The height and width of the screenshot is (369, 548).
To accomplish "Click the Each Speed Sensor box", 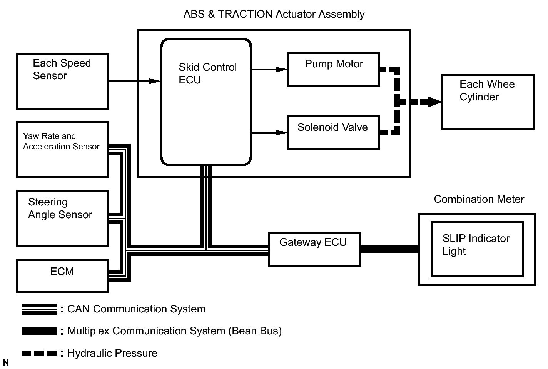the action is [62, 81].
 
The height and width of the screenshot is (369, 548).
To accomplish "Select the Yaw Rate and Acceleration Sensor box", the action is [62, 150].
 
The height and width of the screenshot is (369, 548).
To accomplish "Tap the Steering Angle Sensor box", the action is [62, 219].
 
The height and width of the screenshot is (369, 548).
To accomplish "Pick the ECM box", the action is [62, 276].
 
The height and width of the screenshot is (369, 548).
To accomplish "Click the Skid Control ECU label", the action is [207, 73].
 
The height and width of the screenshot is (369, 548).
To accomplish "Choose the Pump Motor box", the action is [334, 69].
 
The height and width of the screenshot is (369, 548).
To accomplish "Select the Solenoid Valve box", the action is [334, 132].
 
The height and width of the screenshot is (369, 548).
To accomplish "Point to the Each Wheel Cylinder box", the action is [488, 102].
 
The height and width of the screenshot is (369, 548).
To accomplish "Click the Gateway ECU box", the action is [315, 249].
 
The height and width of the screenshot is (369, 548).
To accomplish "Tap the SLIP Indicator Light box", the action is [477, 249].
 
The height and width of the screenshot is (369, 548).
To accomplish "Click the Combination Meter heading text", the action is [479, 199].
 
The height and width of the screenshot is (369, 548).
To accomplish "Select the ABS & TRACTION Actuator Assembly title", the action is [274, 14].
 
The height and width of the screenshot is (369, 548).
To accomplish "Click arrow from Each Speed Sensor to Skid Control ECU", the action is [135, 81].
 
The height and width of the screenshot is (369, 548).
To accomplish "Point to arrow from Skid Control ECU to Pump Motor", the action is [269, 69].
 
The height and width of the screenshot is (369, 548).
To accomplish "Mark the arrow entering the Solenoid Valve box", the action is [269, 132].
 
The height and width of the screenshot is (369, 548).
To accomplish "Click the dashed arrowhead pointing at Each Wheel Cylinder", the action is [434, 102].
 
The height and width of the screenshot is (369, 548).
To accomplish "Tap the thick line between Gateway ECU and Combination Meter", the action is [390, 249].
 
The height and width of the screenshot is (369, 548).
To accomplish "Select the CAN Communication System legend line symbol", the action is [39, 309].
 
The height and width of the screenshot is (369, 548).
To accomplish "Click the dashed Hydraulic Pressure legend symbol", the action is [39, 353].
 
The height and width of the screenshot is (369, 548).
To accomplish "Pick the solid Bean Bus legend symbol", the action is [39, 331].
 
